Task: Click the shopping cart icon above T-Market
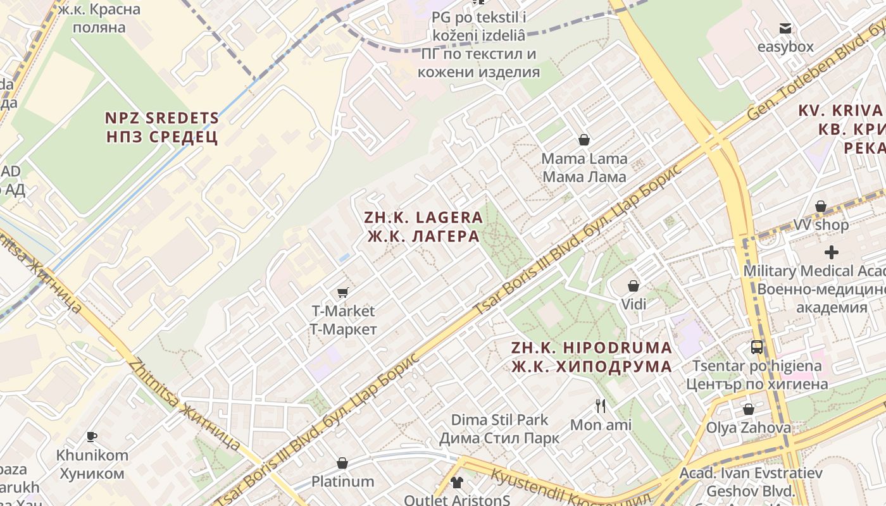tap(342, 292)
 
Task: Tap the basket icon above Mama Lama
tap(584, 140)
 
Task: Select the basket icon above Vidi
tap(633, 286)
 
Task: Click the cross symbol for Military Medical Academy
tap(831, 252)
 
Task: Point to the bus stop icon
tap(757, 347)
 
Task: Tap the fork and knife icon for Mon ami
tap(601, 405)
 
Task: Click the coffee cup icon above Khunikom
tap(92, 436)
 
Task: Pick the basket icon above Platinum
tap(342, 463)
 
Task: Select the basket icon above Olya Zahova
tap(749, 409)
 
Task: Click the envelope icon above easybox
tap(785, 28)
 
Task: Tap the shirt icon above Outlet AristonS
tap(457, 483)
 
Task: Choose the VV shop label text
tap(821, 225)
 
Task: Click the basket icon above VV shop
tap(821, 206)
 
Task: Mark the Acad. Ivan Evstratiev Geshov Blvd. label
tap(751, 482)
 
